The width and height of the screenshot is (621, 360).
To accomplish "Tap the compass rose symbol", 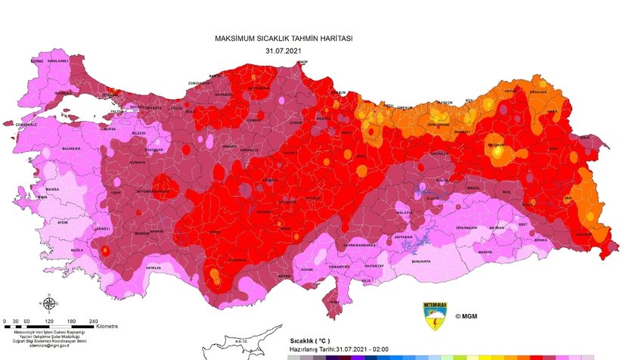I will (49, 305).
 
